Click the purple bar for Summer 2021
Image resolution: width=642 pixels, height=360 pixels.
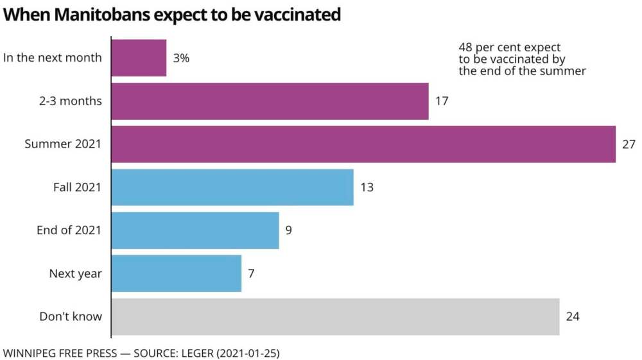(363, 144)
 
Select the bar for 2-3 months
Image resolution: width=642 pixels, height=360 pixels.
(270, 101)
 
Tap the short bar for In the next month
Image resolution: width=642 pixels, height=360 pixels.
(139, 58)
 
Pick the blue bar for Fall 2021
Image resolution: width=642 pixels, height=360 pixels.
(232, 187)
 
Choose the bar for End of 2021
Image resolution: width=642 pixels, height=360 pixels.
(195, 230)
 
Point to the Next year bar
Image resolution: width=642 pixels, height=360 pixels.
(177, 273)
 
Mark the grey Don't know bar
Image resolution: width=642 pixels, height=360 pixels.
(335, 316)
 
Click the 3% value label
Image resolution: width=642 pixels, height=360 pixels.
(181, 58)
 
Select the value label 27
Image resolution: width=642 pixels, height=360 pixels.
(629, 144)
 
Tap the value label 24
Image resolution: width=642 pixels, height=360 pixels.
(573, 316)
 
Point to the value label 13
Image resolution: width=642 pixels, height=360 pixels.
(367, 187)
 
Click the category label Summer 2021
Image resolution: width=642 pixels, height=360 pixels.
(63, 144)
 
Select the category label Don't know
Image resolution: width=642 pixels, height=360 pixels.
(71, 316)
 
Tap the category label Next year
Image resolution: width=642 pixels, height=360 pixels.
(75, 273)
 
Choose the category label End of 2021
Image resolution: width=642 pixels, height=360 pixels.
(69, 230)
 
